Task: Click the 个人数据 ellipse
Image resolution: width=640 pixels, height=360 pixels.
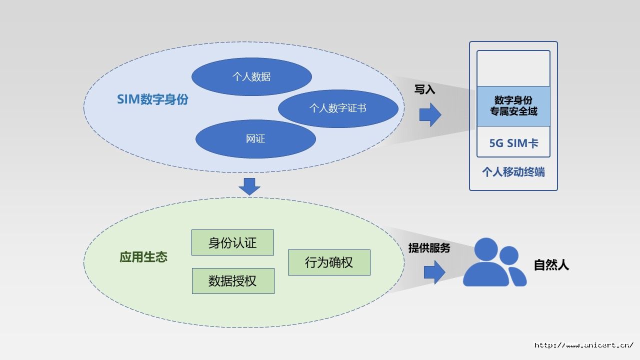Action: tap(251, 77)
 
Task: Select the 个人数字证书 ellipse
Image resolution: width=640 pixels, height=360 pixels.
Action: tap(338, 108)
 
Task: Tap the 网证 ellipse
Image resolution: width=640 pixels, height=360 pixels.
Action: tap(255, 139)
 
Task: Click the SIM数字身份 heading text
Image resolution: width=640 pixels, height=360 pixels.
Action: tap(152, 99)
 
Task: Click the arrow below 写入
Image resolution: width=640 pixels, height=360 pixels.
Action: tap(430, 115)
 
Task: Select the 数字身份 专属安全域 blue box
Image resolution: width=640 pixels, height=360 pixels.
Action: tap(513, 106)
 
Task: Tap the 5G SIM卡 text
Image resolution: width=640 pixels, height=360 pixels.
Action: tap(513, 143)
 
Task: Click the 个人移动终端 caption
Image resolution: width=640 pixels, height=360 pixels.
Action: tap(513, 172)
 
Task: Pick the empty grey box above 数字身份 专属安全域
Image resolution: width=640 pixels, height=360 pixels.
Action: tap(513, 68)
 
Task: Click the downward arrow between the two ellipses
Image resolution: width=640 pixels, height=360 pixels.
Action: tap(249, 186)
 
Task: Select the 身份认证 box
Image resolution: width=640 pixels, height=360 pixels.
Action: tap(232, 242)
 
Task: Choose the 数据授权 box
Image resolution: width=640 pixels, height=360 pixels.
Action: tap(233, 280)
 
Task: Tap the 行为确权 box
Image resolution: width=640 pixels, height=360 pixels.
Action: tap(329, 262)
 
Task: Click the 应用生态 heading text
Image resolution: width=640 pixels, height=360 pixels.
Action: tap(143, 257)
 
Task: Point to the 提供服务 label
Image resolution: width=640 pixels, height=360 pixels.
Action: tap(429, 248)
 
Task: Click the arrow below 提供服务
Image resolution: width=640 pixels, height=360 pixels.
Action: tap(434, 273)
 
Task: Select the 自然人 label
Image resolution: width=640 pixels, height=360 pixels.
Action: tap(551, 265)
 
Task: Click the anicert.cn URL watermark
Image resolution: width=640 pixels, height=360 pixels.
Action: tap(583, 345)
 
